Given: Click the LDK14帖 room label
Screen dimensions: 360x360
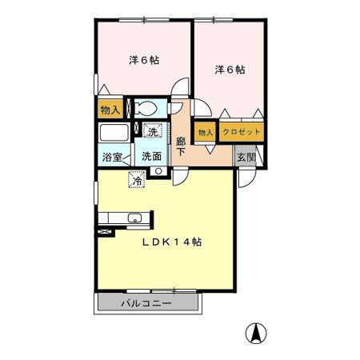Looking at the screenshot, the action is click(x=172, y=242).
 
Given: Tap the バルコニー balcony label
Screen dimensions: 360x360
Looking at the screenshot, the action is click(x=146, y=303).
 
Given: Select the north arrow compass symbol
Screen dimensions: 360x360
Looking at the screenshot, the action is click(x=256, y=334).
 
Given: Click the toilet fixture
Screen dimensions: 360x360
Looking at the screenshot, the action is click(x=146, y=108).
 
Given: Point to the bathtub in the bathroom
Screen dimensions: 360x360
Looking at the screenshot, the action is click(x=114, y=133).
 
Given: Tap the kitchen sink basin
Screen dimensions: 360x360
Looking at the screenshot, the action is click(x=135, y=218).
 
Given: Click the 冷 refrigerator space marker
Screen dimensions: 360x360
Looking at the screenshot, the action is click(x=137, y=179).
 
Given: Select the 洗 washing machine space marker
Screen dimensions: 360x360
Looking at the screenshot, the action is click(x=153, y=130).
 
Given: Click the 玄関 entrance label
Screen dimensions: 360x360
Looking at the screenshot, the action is click(x=246, y=157).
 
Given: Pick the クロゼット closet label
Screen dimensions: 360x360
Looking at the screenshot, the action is click(x=241, y=131).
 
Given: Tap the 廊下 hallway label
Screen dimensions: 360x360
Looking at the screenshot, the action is click(x=181, y=146).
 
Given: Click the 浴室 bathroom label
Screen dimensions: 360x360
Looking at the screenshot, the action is click(x=112, y=157).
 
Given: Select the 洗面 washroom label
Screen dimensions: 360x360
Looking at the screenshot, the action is click(x=151, y=157).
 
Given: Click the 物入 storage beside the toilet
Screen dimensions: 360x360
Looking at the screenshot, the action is click(x=110, y=109).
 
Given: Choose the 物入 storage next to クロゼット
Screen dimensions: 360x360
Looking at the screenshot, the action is click(x=206, y=132).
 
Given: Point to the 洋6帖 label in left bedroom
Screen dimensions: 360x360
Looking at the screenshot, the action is click(x=144, y=60).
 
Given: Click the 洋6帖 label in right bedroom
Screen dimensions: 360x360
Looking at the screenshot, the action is click(x=230, y=70).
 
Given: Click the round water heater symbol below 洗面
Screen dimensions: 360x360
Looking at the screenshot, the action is click(x=158, y=171).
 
